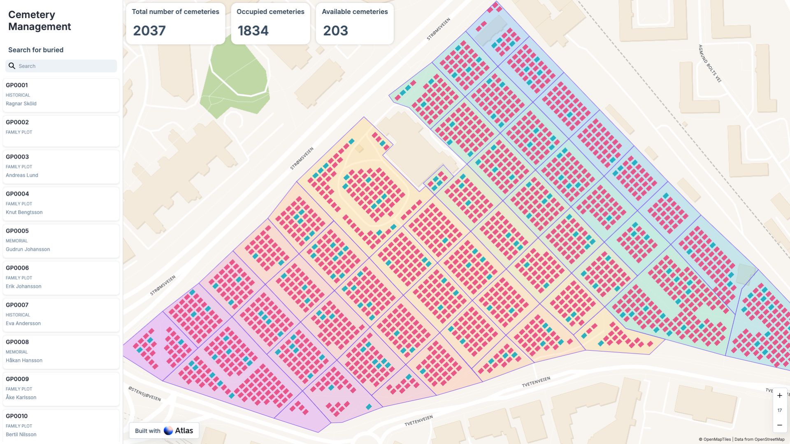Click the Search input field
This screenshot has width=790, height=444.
pos(66,66)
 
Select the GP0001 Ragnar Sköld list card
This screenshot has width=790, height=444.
pos(61,95)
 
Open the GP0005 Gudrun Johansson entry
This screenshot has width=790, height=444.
pos(61,240)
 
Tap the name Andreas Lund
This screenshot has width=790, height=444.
pos(22,175)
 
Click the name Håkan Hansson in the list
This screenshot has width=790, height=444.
pos(24,361)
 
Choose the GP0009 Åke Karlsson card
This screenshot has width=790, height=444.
pos(61,388)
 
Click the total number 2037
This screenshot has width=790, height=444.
pos(149,31)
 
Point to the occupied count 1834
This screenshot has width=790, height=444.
pos(253,31)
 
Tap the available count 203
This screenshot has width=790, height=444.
pos(335,31)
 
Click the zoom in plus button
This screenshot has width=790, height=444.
pos(779,395)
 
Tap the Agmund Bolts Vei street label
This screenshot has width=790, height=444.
pos(710,63)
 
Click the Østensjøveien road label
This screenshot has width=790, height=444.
pos(144,393)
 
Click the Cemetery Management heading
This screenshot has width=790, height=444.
pos(39,21)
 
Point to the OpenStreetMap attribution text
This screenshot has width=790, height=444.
pos(759,439)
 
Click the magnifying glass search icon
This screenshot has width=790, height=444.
pos(12,66)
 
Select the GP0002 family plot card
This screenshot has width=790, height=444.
pos(61,131)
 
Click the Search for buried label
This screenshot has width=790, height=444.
pos(36,50)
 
